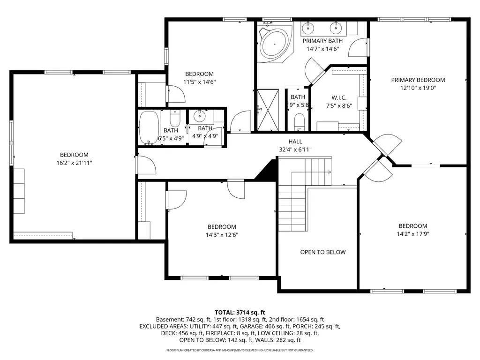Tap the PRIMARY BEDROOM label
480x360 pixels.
[x=418, y=80]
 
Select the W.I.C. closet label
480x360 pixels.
[x=339, y=97]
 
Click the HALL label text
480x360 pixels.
[x=295, y=142]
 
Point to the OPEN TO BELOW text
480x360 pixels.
[x=322, y=252]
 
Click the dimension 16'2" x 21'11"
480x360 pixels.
[x=74, y=163]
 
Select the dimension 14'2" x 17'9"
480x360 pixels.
[x=412, y=234]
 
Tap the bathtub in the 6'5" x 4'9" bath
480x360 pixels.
[x=149, y=127]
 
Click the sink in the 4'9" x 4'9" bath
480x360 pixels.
[x=200, y=116]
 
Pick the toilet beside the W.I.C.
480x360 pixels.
[x=299, y=121]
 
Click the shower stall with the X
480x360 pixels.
[x=268, y=110]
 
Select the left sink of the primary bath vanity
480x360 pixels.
[x=308, y=28]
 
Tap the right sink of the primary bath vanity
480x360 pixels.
[x=336, y=28]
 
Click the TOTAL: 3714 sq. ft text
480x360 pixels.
[x=240, y=313]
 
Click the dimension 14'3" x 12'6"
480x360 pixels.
[x=222, y=235]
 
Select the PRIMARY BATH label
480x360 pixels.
[x=322, y=41]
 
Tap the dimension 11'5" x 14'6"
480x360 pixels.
[x=200, y=82]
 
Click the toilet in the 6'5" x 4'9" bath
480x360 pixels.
[x=175, y=119]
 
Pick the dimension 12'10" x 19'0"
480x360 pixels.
[x=418, y=88]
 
